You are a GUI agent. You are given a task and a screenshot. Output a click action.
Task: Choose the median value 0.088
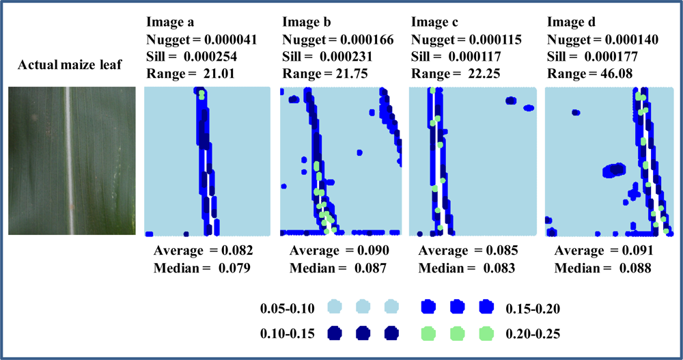(635, 268)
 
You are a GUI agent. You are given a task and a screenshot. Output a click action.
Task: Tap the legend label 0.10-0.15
(287, 333)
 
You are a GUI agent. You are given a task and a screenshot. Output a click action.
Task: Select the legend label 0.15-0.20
(531, 309)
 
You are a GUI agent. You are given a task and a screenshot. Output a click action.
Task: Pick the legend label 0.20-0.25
(531, 333)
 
